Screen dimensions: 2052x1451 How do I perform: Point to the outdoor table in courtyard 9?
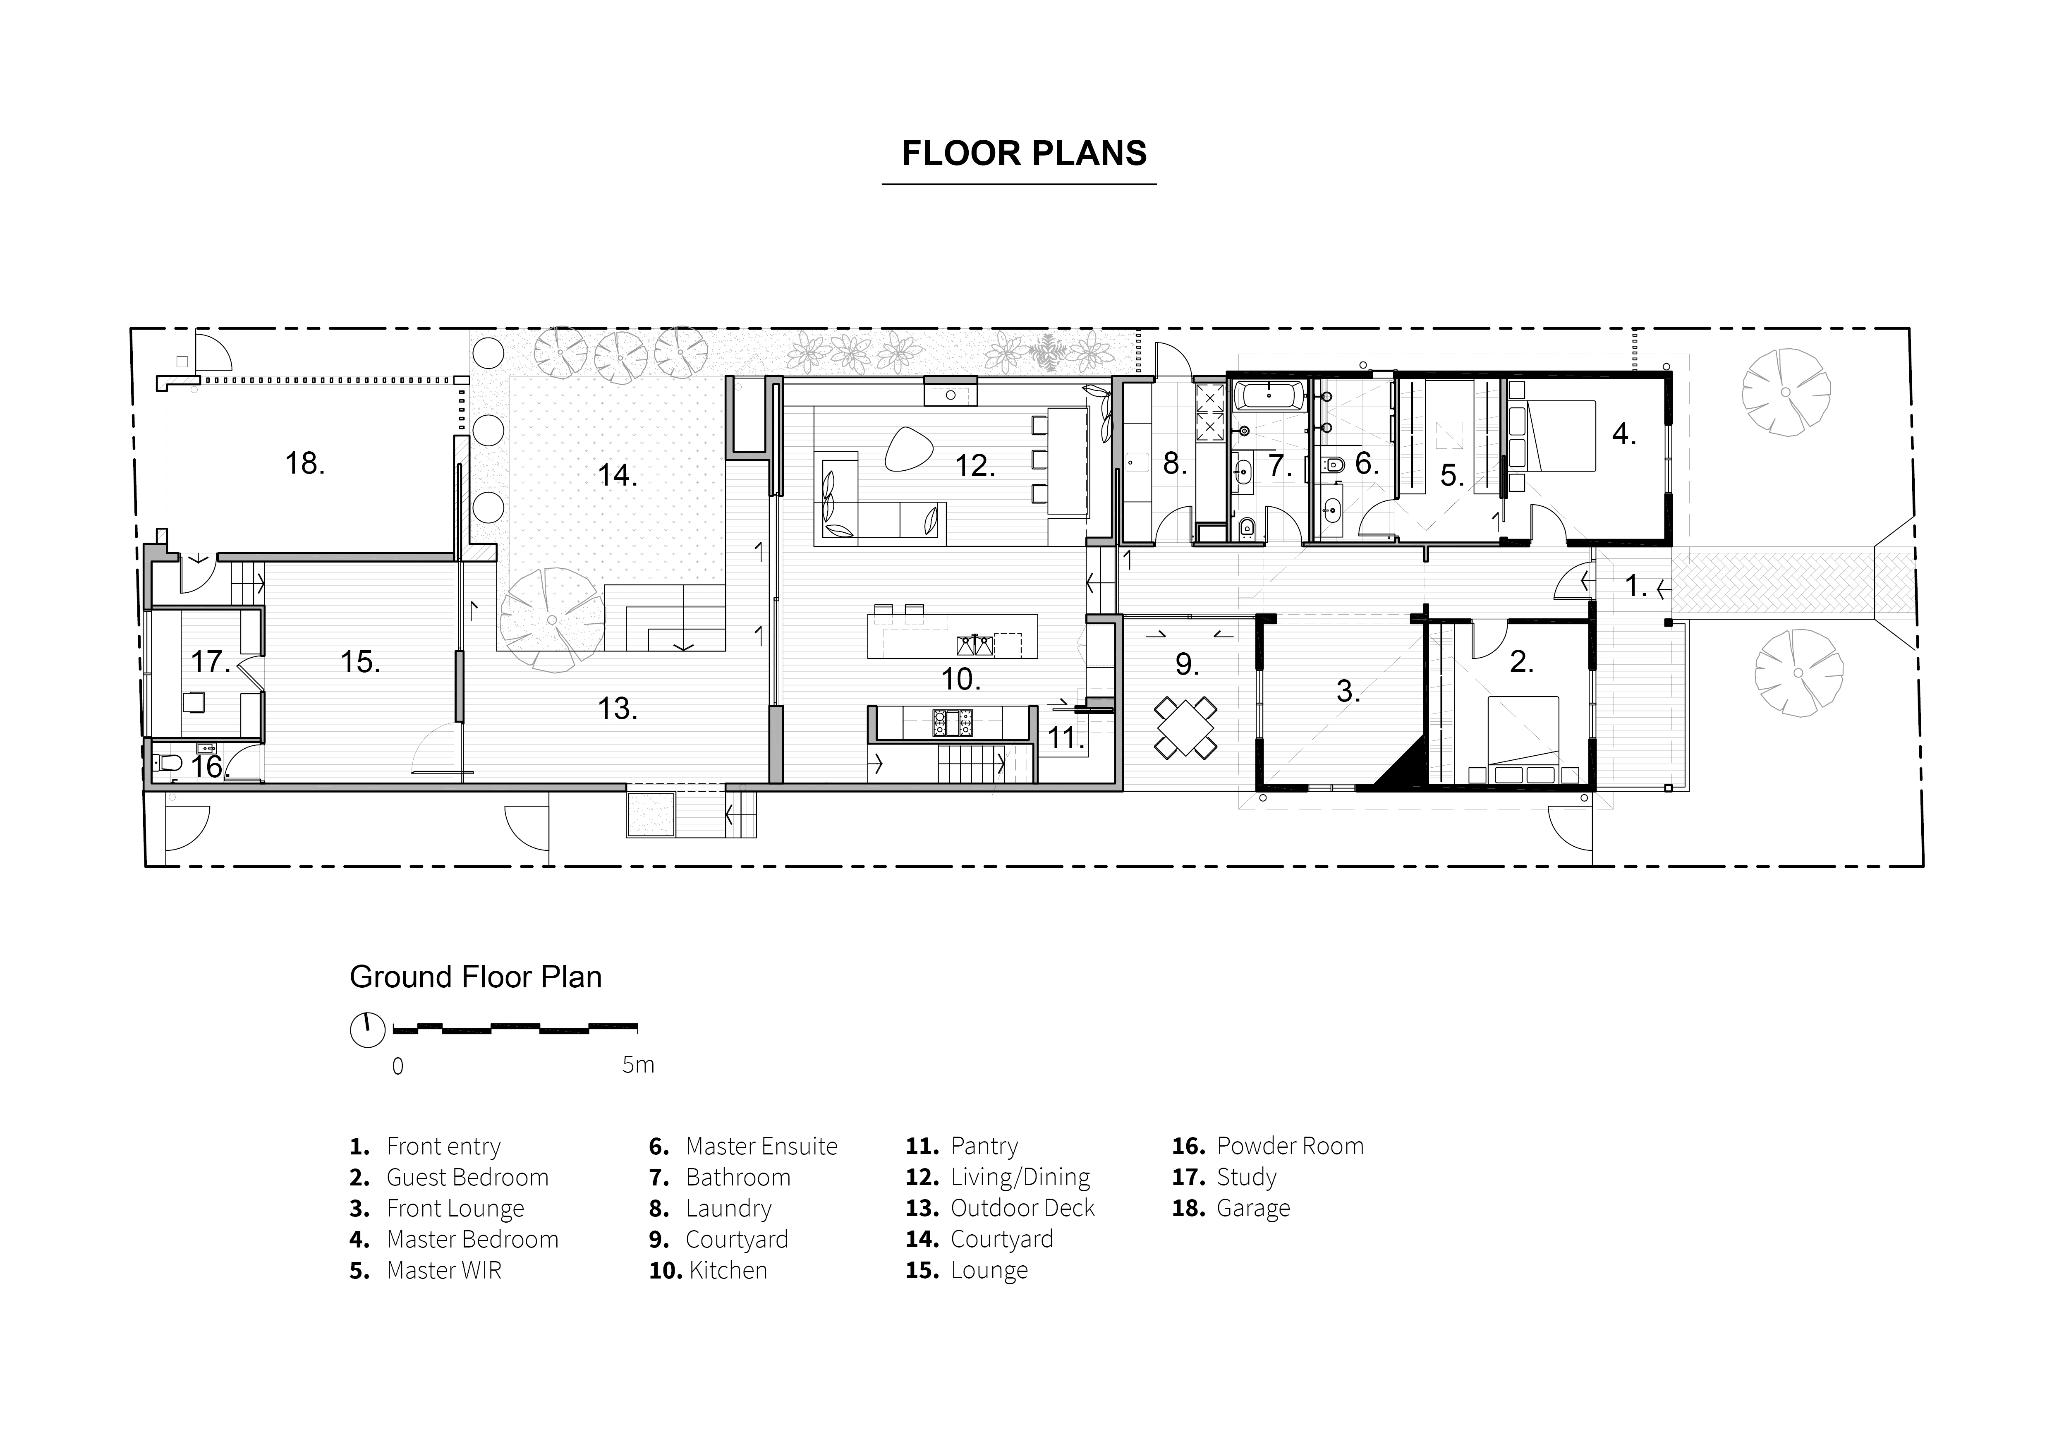[1185, 727]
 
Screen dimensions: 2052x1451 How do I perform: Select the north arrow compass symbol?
[367, 1030]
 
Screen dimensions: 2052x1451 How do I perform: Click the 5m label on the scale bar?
[638, 1064]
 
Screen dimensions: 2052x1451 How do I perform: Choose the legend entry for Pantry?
[962, 1146]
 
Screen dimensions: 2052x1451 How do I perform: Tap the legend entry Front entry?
[425, 1146]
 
